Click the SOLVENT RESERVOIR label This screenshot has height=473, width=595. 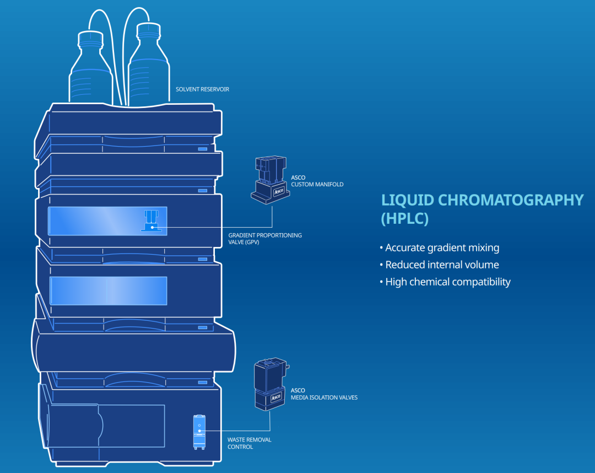tap(202, 89)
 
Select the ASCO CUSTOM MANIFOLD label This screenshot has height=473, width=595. tap(317, 181)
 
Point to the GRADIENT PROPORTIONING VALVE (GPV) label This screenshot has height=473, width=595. tap(265, 238)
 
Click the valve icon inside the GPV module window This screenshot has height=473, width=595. tap(151, 220)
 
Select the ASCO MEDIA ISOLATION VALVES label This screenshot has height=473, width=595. tap(324, 394)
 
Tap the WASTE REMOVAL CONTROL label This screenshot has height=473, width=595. tap(249, 443)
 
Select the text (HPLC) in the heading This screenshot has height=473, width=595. tap(404, 218)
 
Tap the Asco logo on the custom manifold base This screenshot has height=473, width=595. tap(279, 191)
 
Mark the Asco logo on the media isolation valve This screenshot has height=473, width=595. tap(276, 397)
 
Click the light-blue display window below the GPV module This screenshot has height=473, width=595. tap(108, 290)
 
